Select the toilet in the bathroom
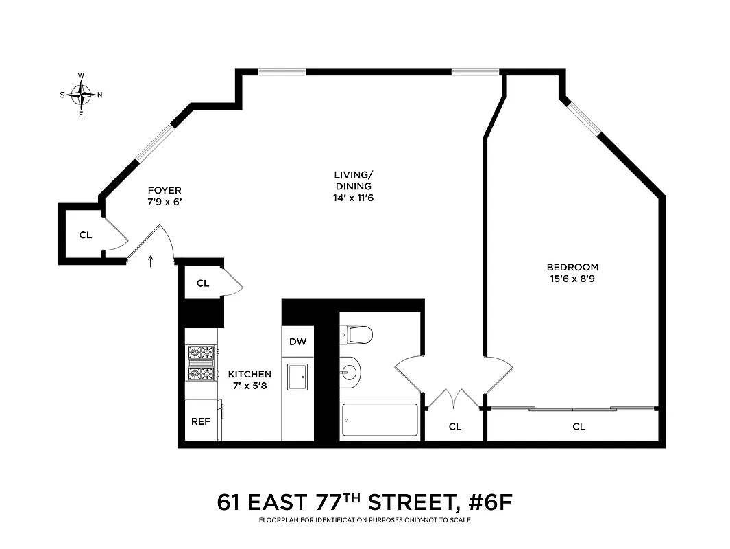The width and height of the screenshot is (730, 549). tap(358, 334)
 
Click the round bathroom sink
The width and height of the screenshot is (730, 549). tap(351, 373)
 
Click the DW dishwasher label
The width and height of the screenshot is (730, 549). tap(297, 342)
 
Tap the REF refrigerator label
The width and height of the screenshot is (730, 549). tap(200, 421)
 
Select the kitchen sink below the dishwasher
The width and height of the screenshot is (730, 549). tap(297, 377)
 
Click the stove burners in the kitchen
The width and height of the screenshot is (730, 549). tap(201, 363)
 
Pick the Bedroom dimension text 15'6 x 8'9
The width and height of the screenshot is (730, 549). tap(572, 279)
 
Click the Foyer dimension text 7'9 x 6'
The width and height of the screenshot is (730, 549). tap(165, 202)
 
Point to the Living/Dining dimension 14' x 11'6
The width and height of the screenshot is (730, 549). tap(353, 198)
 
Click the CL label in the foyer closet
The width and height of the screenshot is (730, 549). tap(85, 235)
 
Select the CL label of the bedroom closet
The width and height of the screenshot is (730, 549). tap(579, 427)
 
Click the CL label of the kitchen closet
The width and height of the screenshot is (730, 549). tap(203, 283)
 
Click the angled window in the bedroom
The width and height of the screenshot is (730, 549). tap(584, 119)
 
